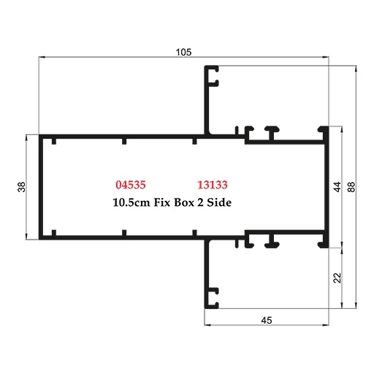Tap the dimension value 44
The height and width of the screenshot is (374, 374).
click(337, 187)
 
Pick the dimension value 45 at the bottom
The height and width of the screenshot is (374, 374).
click(265, 318)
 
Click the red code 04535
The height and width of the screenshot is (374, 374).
click(131, 185)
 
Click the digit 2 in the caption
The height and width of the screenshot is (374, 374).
click(201, 202)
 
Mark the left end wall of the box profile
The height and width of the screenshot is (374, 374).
click(42, 187)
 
